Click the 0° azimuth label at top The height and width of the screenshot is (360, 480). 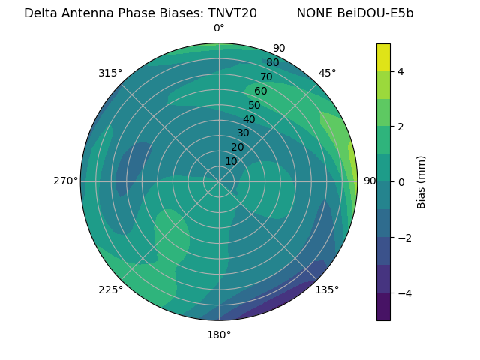[x=219, y=28]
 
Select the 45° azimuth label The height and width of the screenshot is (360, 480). [x=327, y=73]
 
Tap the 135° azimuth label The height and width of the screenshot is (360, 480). [x=327, y=289]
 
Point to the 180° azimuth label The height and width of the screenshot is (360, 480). [x=219, y=334]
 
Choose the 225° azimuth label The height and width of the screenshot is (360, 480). [x=110, y=289]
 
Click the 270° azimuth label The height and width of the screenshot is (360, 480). [x=65, y=181]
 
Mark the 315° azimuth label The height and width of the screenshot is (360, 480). [x=110, y=73]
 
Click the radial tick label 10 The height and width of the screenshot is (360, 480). [x=231, y=161]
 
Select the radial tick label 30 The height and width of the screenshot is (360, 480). [x=243, y=133]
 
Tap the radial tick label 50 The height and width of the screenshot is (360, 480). [x=254, y=106]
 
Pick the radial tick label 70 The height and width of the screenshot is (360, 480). [x=266, y=76]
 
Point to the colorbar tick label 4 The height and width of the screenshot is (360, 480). [x=400, y=71]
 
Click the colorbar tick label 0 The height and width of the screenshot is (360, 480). [x=400, y=182]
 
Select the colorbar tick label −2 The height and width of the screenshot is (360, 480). [x=397, y=238]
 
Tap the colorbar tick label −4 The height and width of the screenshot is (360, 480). [x=397, y=293]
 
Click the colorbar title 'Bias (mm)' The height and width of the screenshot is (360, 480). [x=421, y=181]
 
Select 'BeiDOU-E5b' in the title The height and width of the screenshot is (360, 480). [x=376, y=13]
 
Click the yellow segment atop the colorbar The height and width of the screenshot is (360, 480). [x=383, y=57]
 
